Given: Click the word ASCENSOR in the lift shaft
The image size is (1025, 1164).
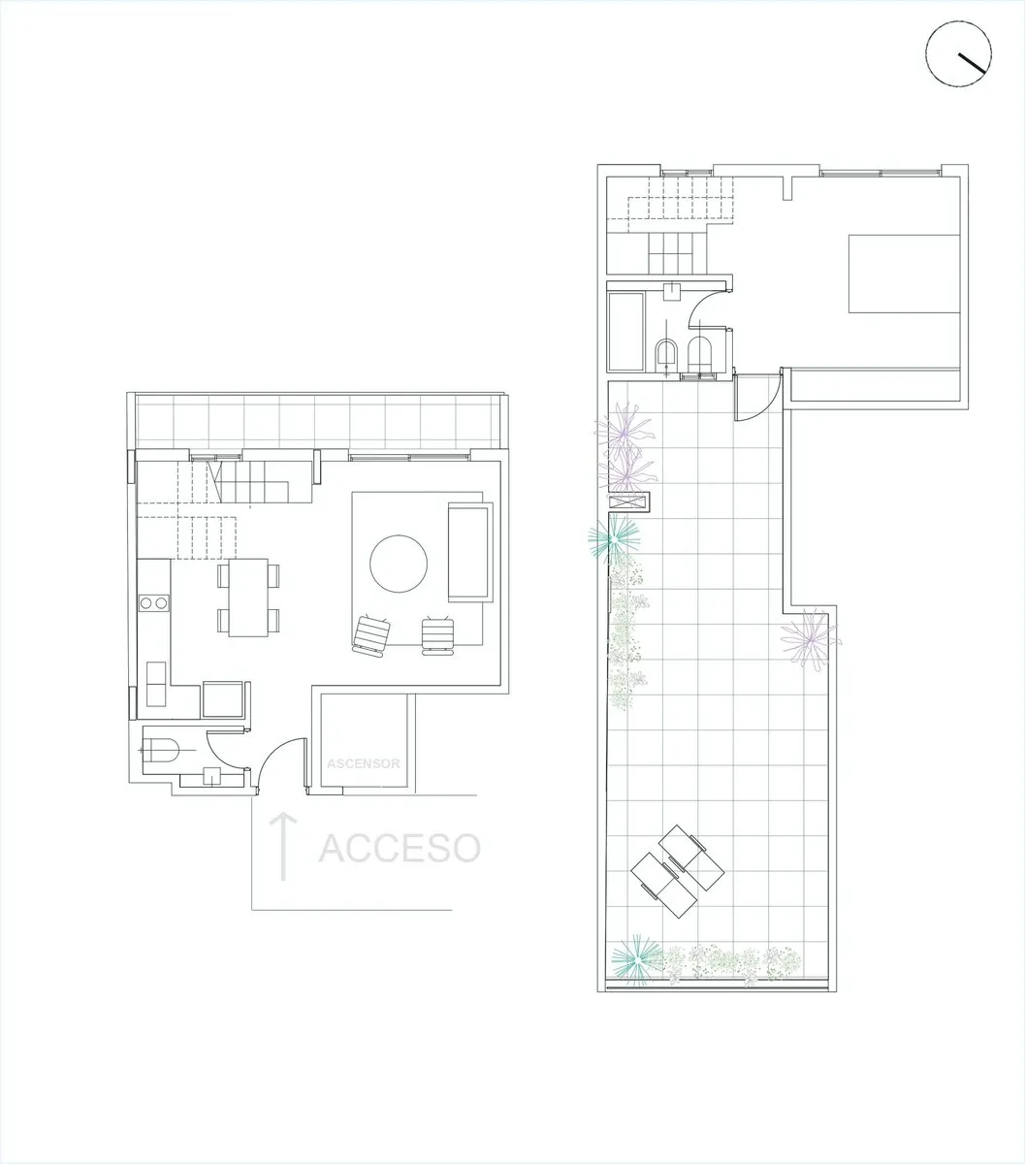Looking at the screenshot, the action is pyautogui.click(x=363, y=763).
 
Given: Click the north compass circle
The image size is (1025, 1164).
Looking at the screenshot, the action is pyautogui.click(x=959, y=54).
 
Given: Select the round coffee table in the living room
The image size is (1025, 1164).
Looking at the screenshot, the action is pyautogui.click(x=399, y=563).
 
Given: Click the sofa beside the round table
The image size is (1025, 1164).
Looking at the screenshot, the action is pyautogui.click(x=470, y=552).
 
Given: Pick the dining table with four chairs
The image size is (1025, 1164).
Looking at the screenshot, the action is pyautogui.click(x=249, y=598).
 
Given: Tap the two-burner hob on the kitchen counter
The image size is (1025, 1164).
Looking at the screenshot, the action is pyautogui.click(x=153, y=602).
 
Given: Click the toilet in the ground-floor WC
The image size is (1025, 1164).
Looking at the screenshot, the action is pyautogui.click(x=161, y=750).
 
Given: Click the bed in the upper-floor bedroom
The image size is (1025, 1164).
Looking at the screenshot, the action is pyautogui.click(x=905, y=273).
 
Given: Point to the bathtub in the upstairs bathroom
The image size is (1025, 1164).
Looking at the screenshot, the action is pyautogui.click(x=626, y=332).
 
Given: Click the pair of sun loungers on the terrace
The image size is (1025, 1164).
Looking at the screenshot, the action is pyautogui.click(x=678, y=879).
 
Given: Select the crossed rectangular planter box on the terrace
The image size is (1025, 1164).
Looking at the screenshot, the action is pyautogui.click(x=628, y=501).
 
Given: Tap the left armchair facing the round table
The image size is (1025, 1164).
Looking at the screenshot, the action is pyautogui.click(x=371, y=634).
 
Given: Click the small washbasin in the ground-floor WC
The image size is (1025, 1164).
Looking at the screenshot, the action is pyautogui.click(x=213, y=777).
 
